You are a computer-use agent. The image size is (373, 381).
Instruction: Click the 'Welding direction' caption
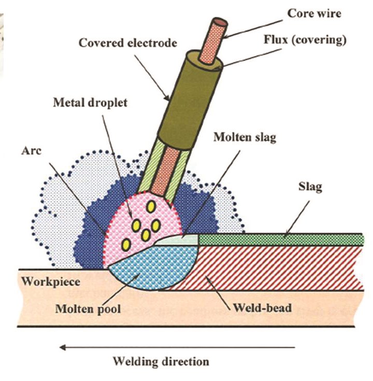(x=161, y=361)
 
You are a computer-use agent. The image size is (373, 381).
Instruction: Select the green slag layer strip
(x=280, y=239)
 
